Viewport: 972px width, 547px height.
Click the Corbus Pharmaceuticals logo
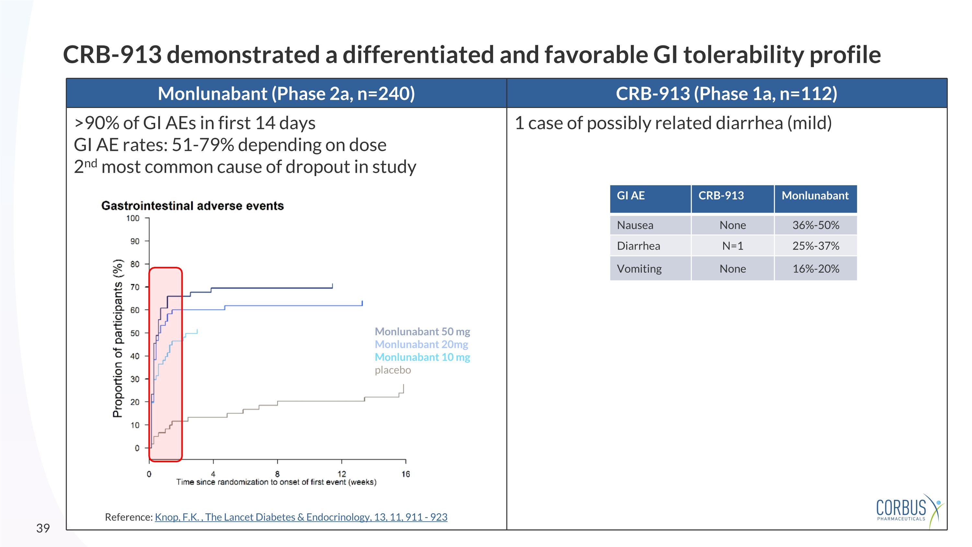[x=907, y=510]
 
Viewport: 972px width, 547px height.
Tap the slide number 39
[x=43, y=528]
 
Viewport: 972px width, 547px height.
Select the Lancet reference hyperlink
[x=301, y=517]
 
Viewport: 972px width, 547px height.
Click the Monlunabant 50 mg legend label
[x=422, y=331]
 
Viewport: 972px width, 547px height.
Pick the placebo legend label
[x=392, y=370]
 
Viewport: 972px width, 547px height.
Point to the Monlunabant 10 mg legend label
[x=422, y=357]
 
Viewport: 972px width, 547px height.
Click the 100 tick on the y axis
[x=133, y=218]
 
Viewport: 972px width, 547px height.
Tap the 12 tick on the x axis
[x=341, y=474]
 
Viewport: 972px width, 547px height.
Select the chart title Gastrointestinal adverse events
[x=192, y=206]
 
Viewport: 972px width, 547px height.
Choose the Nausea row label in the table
[x=635, y=225]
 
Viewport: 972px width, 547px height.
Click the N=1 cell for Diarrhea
[x=732, y=246]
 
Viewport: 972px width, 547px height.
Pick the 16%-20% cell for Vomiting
[x=816, y=269]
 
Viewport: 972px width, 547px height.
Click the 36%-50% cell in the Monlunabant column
[x=816, y=225]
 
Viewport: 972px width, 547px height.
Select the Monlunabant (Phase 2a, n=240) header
[x=286, y=94]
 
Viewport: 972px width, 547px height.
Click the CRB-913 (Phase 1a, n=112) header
[x=726, y=94]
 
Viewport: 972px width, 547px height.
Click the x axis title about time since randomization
[x=276, y=482]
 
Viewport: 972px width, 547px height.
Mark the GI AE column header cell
[x=631, y=196]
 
